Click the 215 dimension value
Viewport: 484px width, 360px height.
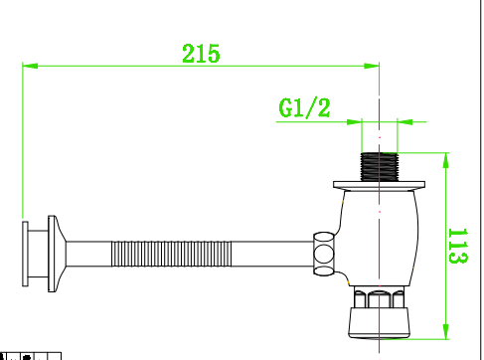201,54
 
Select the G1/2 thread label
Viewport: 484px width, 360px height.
304,107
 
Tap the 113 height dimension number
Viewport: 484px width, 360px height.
458,246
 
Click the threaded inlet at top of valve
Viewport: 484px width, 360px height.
380,166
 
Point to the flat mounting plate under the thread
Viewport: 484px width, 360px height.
380,185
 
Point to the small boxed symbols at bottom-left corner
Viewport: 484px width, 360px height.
30,355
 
